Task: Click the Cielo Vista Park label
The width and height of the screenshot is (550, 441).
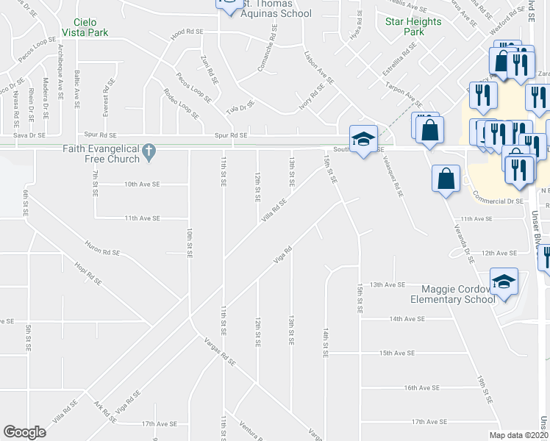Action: [91, 28]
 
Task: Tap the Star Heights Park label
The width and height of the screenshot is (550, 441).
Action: [414, 27]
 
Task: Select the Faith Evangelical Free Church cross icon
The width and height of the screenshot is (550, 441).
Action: [149, 151]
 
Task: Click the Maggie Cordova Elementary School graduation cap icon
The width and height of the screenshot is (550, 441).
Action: [504, 282]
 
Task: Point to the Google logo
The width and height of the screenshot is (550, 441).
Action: [24, 432]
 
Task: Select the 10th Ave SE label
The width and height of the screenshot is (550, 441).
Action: [142, 184]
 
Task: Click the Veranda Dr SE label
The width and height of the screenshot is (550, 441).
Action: [460, 239]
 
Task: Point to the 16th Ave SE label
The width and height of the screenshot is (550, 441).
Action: [421, 387]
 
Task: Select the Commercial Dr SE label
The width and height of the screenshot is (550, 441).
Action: [499, 200]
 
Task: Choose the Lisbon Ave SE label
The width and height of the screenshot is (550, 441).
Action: [319, 67]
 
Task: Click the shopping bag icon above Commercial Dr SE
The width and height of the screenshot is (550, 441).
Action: [446, 179]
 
